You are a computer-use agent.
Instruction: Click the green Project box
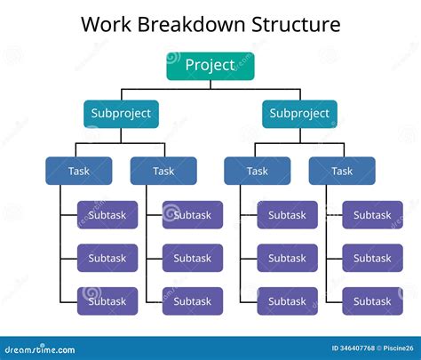pos(210,66)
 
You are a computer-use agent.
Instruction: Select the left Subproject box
pos(122,114)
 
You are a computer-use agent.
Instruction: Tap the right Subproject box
pos(299,114)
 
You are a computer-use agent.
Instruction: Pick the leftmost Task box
pos(79,171)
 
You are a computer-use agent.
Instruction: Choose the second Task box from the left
pos(163,171)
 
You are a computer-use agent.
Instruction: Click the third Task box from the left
pos(257,171)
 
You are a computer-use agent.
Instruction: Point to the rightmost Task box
pos(342,171)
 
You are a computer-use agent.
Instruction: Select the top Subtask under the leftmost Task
pos(107,215)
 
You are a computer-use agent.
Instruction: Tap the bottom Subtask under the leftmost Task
pos(107,301)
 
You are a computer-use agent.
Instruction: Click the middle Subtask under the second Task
pos(192,258)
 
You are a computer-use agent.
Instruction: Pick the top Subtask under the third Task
pos(287,215)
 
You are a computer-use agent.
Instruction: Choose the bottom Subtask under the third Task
pos(287,301)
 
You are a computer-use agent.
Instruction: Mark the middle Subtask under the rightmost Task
pos(372,258)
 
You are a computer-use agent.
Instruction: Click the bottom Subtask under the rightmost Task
pos(372,301)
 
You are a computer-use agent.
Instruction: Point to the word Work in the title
pos(104,24)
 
